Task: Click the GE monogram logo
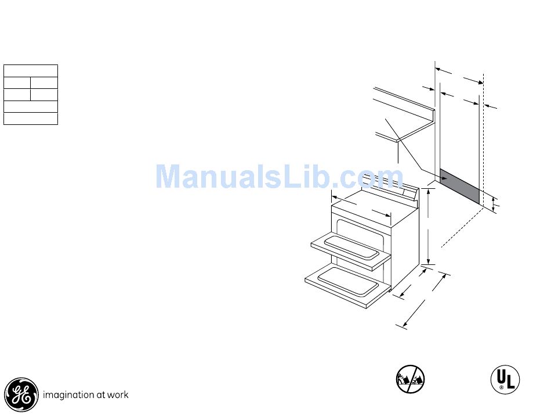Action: [x=21, y=394]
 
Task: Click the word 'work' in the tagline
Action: [x=118, y=395]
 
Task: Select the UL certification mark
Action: [x=505, y=379]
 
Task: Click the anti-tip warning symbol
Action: [x=410, y=379]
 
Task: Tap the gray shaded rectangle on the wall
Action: [x=460, y=187]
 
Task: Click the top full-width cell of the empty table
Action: [x=31, y=71]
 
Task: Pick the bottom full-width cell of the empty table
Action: [x=31, y=119]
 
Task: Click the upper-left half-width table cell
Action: [x=17, y=83]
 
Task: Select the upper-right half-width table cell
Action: [x=44, y=83]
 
